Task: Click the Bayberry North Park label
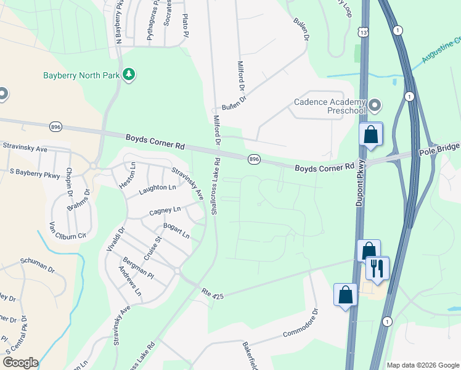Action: [x=80, y=76]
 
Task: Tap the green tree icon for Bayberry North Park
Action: [x=128, y=75]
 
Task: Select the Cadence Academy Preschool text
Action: [x=330, y=105]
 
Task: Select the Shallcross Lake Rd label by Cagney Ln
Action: [x=215, y=187]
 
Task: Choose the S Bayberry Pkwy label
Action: [x=35, y=175]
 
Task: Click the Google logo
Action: [x=20, y=363]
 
